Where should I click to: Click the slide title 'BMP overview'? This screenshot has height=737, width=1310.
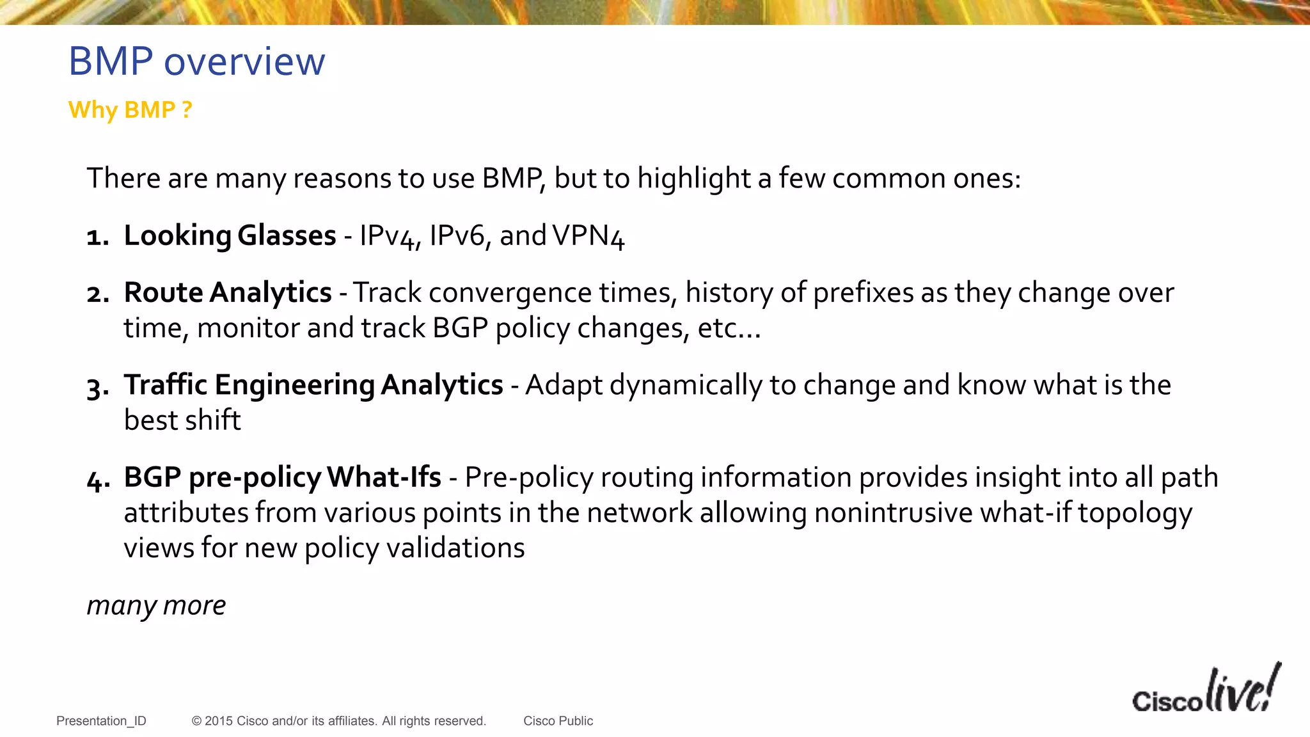click(x=196, y=62)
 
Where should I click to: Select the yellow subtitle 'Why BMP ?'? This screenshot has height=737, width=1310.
click(x=130, y=110)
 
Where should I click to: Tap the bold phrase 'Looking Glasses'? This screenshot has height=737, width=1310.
click(x=230, y=235)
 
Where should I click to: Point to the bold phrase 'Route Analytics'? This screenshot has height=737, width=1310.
click(x=228, y=292)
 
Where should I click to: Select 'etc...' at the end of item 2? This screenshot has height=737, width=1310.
click(x=729, y=328)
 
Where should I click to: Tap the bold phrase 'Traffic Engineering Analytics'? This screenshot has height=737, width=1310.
click(x=313, y=384)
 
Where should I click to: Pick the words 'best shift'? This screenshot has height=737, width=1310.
click(x=182, y=420)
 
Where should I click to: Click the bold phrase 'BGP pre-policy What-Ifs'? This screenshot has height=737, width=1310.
click(x=282, y=477)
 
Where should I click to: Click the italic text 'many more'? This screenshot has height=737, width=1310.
click(x=156, y=605)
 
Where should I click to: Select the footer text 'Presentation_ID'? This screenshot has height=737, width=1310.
click(x=101, y=721)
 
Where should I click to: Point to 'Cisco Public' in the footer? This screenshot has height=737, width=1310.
click(x=558, y=721)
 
